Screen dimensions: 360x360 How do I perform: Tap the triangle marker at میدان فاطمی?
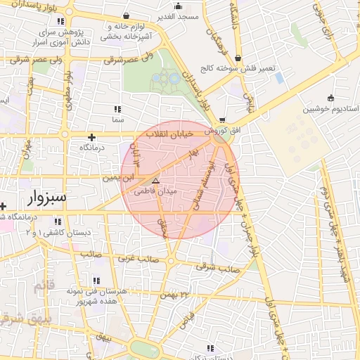(x=156, y=181)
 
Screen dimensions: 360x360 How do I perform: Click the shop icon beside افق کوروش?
(x=223, y=120)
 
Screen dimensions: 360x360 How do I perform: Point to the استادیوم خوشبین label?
(x=330, y=110)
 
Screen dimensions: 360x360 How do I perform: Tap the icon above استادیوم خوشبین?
(x=330, y=98)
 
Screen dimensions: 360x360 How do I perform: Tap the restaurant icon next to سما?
(x=117, y=109)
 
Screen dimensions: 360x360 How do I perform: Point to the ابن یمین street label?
(x=118, y=178)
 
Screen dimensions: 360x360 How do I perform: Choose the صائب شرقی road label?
(x=217, y=267)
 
